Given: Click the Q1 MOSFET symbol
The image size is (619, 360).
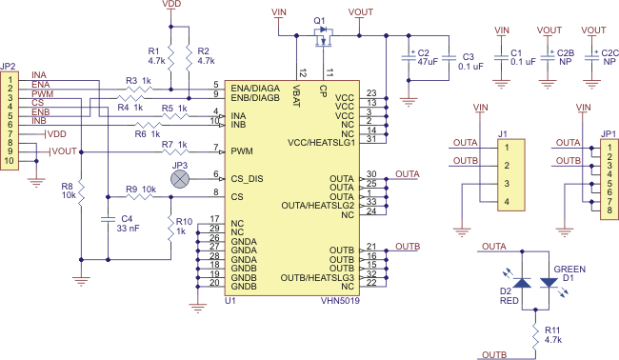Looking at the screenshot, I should click(x=324, y=37).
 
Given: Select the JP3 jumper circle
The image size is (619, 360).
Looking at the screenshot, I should click(x=178, y=175).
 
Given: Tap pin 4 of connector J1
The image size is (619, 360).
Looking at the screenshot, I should click(x=508, y=201).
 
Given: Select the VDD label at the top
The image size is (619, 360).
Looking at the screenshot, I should click(x=172, y=6).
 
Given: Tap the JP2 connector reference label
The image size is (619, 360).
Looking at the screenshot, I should click(x=9, y=66).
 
